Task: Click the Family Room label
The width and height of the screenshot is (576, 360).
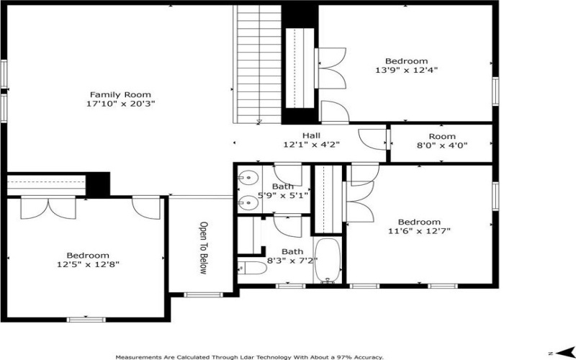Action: tap(120, 95)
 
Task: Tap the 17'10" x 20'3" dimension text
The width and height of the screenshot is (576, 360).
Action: tap(120, 104)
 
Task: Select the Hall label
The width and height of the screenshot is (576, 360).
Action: tap(311, 136)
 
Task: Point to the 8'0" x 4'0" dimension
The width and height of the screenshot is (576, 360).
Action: tap(442, 145)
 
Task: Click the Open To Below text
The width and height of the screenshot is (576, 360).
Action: tap(203, 248)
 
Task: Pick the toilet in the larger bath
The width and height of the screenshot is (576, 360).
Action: tap(252, 269)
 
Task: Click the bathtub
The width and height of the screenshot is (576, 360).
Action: tap(328, 260)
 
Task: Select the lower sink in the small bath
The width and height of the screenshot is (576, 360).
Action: tap(248, 202)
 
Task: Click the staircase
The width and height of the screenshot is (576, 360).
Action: tap(258, 64)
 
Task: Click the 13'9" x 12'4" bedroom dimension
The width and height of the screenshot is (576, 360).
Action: tap(406, 69)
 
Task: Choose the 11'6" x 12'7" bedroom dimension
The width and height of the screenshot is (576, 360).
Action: tap(419, 230)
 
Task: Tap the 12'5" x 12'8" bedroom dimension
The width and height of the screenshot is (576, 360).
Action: tap(88, 264)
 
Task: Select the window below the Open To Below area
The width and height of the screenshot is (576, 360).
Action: tap(203, 294)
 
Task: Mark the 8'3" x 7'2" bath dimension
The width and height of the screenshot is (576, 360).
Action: tap(292, 261)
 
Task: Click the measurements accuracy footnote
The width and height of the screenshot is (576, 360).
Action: tap(250, 357)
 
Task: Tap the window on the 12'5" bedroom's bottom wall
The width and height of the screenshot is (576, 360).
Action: tap(86, 320)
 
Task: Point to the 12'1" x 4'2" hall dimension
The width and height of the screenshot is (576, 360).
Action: tap(311, 145)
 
